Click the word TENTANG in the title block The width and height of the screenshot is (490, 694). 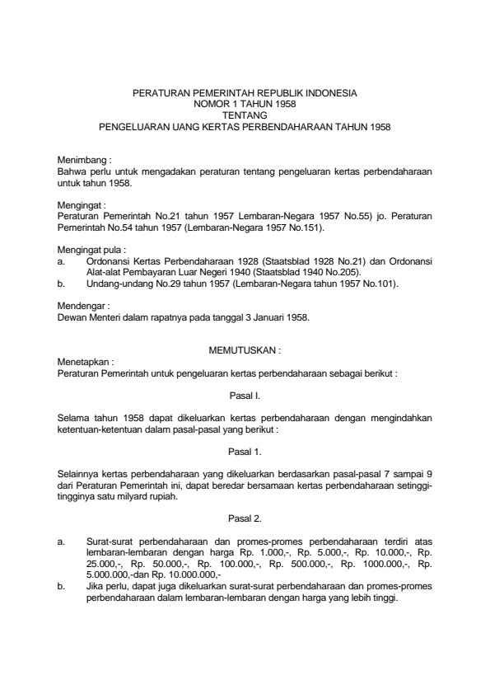(245, 116)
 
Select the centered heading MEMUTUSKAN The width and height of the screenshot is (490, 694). (245, 350)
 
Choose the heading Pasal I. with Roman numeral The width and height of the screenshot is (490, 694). (245, 395)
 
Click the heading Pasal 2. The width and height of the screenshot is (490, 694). (245, 518)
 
